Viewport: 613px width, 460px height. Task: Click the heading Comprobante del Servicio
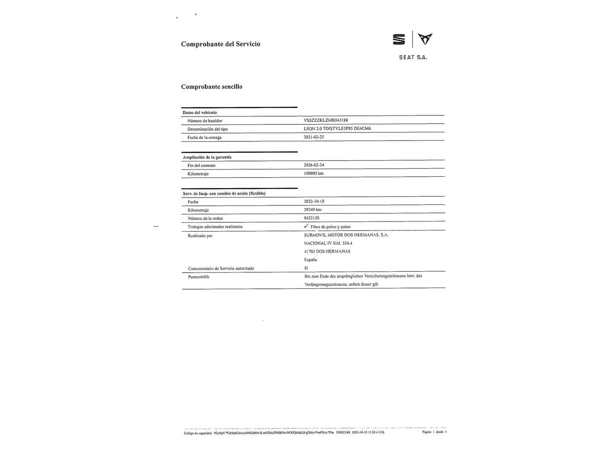pyautogui.click(x=221, y=44)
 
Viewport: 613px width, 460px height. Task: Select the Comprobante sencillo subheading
pyautogui.click(x=212, y=86)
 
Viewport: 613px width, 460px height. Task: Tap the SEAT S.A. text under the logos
pyautogui.click(x=413, y=57)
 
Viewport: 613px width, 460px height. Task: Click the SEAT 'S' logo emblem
pyautogui.click(x=399, y=40)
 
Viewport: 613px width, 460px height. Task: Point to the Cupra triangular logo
pyautogui.click(x=425, y=39)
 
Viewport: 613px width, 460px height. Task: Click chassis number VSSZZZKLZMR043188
pyautogui.click(x=326, y=120)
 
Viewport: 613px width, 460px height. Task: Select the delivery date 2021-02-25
pyautogui.click(x=314, y=137)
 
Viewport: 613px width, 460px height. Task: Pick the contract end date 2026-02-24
pyautogui.click(x=314, y=165)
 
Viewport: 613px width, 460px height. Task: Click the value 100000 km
pyautogui.click(x=314, y=173)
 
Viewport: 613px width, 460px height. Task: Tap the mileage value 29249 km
pyautogui.click(x=312, y=210)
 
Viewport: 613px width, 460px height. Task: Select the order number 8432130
pyautogui.click(x=312, y=218)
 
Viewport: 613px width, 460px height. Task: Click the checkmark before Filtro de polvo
pyautogui.click(x=306, y=226)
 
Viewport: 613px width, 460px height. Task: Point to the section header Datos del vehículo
pyautogui.click(x=200, y=112)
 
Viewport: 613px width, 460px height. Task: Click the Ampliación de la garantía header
pyautogui.click(x=207, y=157)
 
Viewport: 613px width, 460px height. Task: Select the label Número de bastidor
pyautogui.click(x=205, y=121)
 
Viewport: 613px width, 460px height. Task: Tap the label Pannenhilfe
pyautogui.click(x=198, y=276)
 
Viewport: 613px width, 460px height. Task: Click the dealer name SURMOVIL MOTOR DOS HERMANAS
pyautogui.click(x=346, y=235)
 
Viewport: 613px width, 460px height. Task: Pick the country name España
pyautogui.click(x=310, y=259)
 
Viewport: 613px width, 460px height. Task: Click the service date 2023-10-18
pyautogui.click(x=314, y=201)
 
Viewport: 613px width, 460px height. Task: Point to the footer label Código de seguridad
pyautogui.click(x=198, y=432)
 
